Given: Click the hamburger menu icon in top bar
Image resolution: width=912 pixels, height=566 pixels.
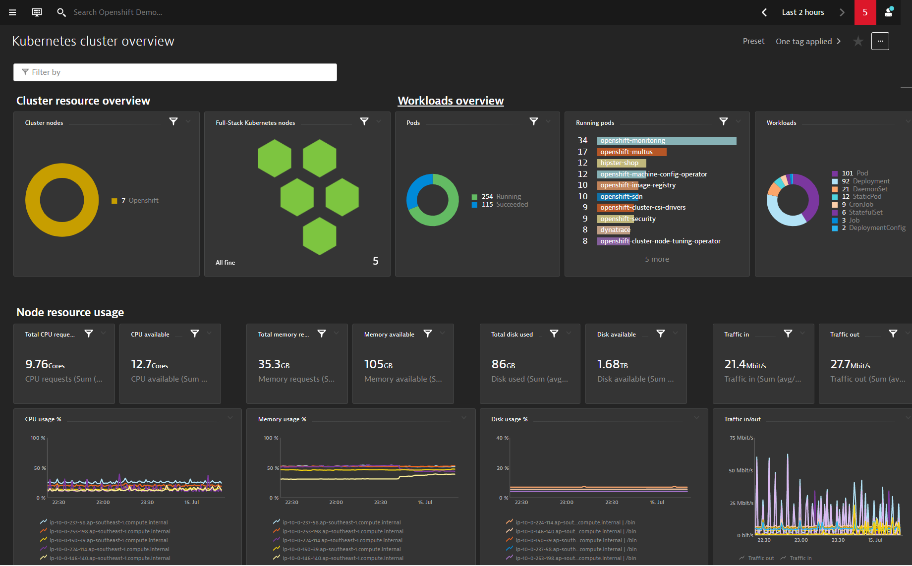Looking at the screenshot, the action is (x=12, y=12).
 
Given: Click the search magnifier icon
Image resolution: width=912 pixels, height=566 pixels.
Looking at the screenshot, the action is (x=61, y=12).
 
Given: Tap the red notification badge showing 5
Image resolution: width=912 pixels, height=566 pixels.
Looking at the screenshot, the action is (x=865, y=12).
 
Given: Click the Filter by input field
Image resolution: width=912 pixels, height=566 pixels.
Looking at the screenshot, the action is (x=175, y=72).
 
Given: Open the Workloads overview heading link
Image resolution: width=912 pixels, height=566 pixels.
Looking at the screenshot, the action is (x=451, y=101).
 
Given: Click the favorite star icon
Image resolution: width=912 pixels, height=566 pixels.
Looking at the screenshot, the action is (x=858, y=41).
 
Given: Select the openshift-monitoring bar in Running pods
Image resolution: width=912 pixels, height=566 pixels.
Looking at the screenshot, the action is (x=667, y=141).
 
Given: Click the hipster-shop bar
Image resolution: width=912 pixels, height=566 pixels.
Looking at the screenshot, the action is (x=622, y=163).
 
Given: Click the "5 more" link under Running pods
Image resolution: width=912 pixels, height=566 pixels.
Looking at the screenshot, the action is (x=657, y=259).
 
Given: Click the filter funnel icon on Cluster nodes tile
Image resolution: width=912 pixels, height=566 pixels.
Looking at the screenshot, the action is (x=173, y=121).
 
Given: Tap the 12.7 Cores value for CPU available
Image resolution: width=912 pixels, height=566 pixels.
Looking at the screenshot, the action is (x=149, y=364).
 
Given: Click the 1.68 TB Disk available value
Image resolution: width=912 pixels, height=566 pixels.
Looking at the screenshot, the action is (x=612, y=364).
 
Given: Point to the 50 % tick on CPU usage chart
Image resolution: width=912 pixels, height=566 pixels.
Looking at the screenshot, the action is (x=40, y=468).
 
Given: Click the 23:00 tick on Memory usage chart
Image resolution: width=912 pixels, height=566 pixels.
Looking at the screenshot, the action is (x=336, y=503).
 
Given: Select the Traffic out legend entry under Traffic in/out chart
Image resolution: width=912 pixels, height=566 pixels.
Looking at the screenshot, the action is (x=756, y=558).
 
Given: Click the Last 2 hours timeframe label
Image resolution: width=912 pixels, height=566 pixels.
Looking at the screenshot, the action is (x=803, y=12).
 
